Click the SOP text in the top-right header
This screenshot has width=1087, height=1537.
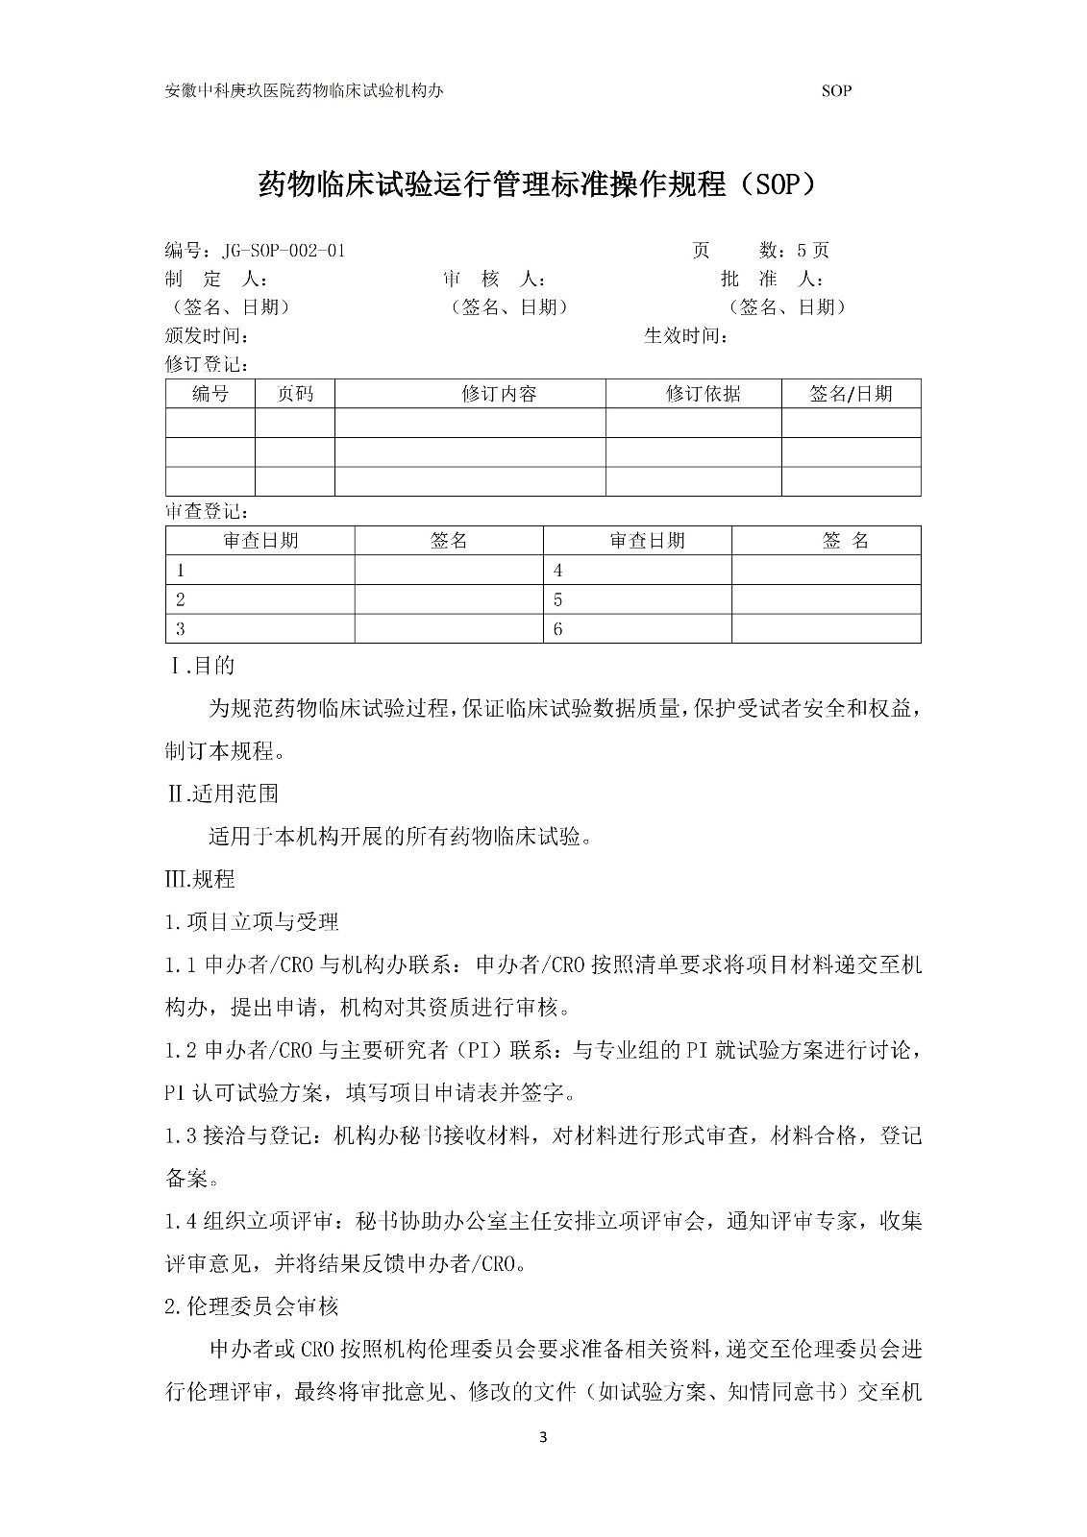[837, 91]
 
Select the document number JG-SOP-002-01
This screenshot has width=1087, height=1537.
[283, 251]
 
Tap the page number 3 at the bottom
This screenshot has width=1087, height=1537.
[543, 1437]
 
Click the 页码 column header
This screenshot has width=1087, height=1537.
[295, 394]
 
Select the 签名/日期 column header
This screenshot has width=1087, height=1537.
[851, 394]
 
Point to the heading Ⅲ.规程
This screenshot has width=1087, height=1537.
[200, 879]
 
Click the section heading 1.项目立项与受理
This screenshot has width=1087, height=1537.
[252, 922]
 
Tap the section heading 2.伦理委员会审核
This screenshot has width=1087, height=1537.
[252, 1306]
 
